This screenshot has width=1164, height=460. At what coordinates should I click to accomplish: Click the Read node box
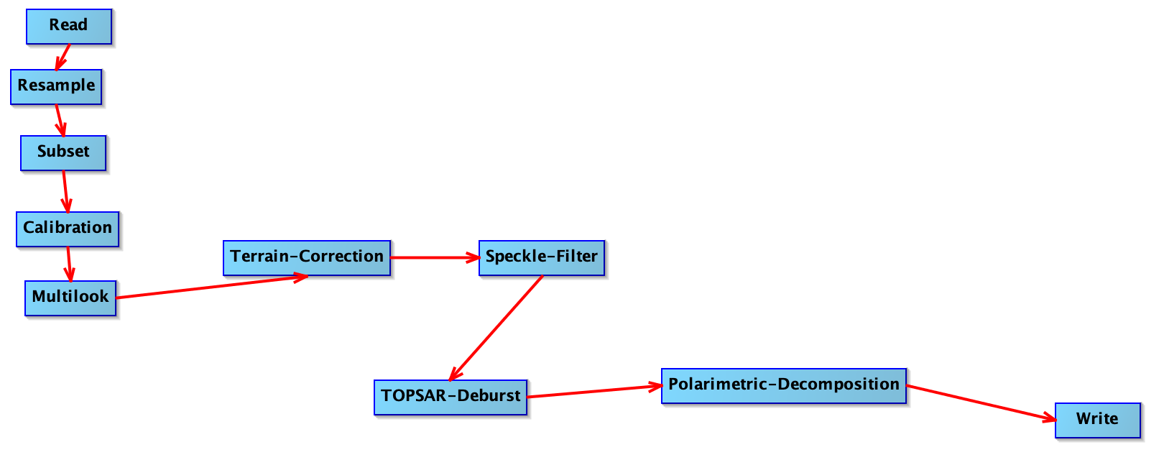[x=69, y=27]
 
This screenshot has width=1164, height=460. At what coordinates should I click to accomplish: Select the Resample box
[x=56, y=87]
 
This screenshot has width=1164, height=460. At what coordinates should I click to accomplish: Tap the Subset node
[x=63, y=153]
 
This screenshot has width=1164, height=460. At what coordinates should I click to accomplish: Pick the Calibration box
[x=68, y=229]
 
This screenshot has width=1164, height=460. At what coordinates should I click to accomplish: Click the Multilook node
[x=70, y=298]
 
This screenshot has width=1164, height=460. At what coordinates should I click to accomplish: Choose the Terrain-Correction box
[x=307, y=258]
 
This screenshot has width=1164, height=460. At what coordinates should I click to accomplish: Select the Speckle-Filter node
[x=542, y=258]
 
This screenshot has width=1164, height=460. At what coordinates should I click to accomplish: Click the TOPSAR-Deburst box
[x=451, y=397]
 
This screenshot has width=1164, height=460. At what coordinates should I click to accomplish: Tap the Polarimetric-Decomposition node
[x=784, y=386]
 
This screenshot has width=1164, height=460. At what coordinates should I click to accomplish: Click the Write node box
[x=1098, y=420]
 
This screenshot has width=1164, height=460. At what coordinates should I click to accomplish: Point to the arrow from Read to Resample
[x=63, y=57]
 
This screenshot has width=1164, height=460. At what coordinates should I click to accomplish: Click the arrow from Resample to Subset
[x=60, y=121]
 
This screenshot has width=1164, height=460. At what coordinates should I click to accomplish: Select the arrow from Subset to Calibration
[x=66, y=192]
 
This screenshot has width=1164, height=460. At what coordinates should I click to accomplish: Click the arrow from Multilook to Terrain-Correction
[x=213, y=286]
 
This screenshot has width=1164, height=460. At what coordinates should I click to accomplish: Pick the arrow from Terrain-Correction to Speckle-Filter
[x=435, y=258]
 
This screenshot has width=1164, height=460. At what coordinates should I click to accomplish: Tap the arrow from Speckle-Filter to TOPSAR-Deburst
[x=496, y=328]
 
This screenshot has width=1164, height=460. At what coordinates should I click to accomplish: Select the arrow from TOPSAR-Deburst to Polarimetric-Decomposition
[x=595, y=392]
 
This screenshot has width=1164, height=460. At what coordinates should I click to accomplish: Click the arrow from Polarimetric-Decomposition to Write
[x=981, y=402]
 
